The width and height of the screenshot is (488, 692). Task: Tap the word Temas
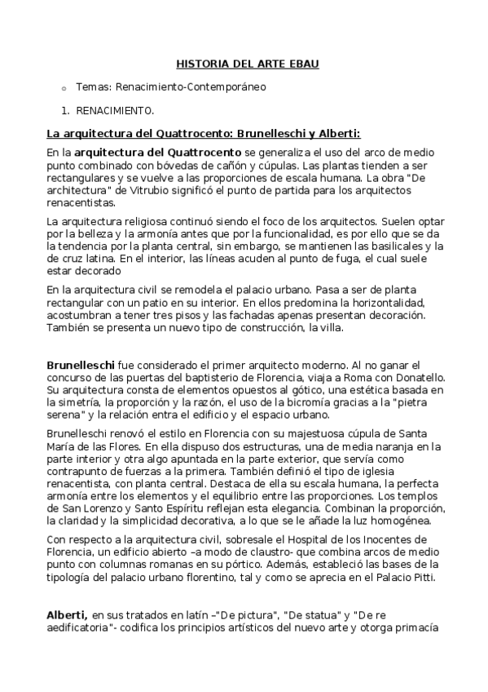[x=91, y=86]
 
